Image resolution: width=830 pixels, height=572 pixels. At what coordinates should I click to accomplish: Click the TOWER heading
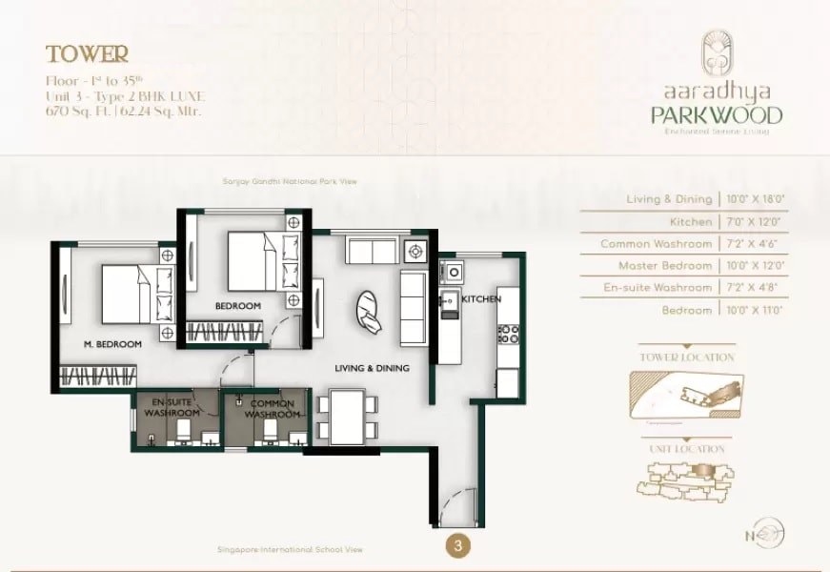tap(87, 54)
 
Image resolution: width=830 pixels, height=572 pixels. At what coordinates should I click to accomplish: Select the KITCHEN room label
tap(481, 299)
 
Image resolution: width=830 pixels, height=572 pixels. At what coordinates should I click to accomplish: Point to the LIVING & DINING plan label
tap(372, 368)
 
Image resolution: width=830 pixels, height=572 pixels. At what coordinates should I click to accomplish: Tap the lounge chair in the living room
tap(370, 310)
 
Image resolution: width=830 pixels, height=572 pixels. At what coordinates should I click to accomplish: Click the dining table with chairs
tap(348, 416)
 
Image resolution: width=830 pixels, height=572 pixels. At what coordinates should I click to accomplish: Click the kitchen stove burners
tap(508, 334)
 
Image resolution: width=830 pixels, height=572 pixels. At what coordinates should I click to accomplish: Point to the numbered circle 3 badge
tap(459, 546)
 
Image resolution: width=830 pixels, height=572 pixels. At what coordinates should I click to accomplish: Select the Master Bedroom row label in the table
tap(665, 266)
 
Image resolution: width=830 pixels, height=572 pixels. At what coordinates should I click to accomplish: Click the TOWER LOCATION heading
tap(687, 357)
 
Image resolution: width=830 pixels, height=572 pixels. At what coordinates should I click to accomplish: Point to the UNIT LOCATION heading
tap(687, 449)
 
